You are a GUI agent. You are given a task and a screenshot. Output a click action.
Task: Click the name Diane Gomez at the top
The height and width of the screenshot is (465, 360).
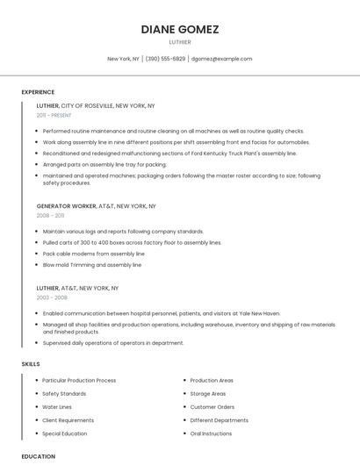tap(179, 29)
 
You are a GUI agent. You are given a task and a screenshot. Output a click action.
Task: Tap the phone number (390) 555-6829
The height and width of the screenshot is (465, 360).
tap(165, 59)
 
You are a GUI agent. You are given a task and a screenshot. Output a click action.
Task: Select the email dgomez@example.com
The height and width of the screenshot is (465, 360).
tap(221, 59)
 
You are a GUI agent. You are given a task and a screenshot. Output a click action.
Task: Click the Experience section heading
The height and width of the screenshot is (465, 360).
tap(38, 92)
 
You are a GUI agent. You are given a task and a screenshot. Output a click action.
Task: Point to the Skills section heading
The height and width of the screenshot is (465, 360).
tap(31, 363)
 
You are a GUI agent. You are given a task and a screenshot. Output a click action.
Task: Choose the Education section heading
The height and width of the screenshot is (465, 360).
tap(38, 456)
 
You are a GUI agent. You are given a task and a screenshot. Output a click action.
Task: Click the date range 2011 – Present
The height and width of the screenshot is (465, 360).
tap(54, 115)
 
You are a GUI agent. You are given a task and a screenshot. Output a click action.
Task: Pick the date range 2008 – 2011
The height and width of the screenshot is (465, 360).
tap(50, 215)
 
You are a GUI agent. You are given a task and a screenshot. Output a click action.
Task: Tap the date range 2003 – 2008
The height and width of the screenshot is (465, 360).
tap(52, 297)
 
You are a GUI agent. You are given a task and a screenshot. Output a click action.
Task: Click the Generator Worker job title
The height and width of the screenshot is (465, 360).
tap(66, 206)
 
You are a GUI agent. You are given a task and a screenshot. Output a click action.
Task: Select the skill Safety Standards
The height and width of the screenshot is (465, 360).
tap(64, 394)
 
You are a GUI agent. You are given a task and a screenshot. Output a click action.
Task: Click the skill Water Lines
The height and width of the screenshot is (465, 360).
tap(57, 407)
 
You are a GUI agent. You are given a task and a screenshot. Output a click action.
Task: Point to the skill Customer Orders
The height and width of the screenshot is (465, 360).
tap(212, 407)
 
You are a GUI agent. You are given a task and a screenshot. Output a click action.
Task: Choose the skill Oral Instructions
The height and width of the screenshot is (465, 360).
tap(211, 433)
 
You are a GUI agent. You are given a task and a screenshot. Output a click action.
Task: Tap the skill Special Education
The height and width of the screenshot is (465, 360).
tap(65, 433)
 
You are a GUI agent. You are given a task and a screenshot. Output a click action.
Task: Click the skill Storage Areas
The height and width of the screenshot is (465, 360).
tap(207, 394)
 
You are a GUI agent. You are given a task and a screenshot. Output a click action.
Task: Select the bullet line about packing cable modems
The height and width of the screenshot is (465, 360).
tap(94, 254)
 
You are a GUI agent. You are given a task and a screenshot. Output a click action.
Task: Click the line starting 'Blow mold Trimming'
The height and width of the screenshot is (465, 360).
tap(92, 265)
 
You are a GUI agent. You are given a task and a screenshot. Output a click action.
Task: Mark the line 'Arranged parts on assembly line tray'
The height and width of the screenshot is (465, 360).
tap(104, 164)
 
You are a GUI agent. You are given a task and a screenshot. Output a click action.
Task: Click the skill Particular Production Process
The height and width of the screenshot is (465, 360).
tap(79, 381)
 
